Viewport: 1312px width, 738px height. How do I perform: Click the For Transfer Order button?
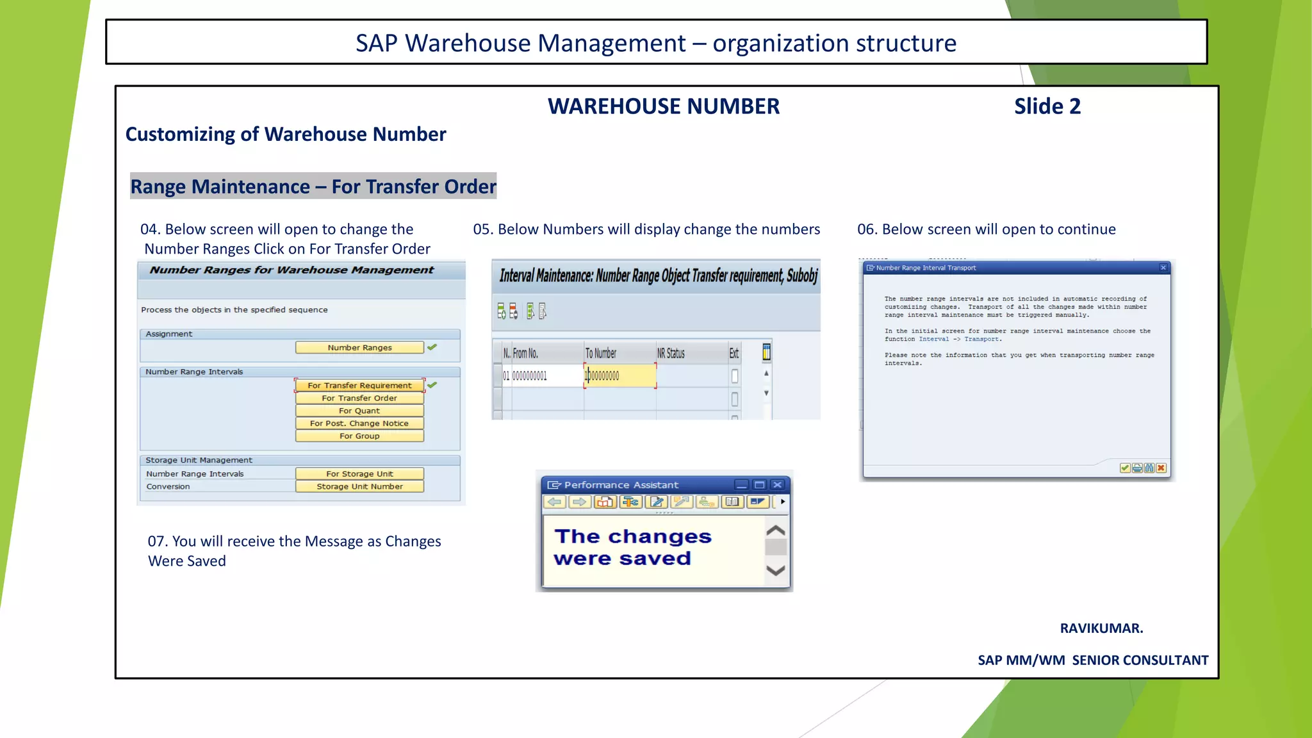pos(359,398)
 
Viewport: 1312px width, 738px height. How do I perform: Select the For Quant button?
pos(359,411)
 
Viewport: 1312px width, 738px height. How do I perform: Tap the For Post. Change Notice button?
pos(359,423)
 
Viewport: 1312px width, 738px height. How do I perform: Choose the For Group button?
pos(359,436)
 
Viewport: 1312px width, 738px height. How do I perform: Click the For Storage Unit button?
pos(359,474)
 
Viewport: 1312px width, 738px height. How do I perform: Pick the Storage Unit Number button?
pos(359,487)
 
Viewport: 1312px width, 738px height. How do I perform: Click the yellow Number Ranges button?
pos(359,348)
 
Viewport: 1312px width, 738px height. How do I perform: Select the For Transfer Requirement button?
pos(359,386)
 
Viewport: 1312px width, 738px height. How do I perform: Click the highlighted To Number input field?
pos(620,376)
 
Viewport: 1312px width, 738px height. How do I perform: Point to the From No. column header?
pos(525,354)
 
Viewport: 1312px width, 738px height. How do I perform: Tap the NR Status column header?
pos(671,354)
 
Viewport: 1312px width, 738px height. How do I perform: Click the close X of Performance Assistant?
pos(777,485)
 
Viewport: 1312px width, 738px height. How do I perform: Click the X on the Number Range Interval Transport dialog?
pos(1163,268)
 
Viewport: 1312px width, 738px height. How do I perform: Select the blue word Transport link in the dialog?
pos(981,340)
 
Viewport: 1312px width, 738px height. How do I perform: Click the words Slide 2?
pos(1047,106)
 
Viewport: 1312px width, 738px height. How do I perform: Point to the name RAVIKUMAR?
pos(1101,628)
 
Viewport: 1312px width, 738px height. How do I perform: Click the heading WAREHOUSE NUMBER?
pos(664,106)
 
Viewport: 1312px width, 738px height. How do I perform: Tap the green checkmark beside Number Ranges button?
pos(432,347)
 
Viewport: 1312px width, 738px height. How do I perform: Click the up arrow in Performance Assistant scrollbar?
pos(776,530)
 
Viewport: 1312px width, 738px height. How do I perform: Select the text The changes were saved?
pos(632,547)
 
